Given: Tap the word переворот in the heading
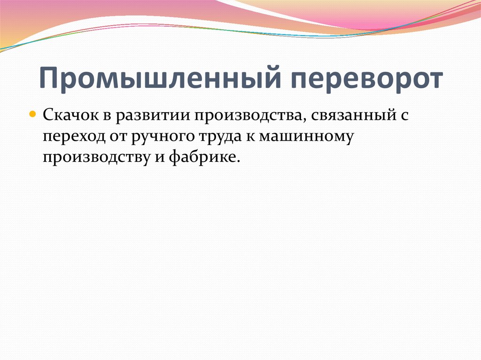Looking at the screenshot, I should [x=359, y=78].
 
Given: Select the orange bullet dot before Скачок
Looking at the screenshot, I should [x=32, y=114].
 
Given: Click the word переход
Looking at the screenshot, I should [x=69, y=137].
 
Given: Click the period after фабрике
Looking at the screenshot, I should [x=238, y=161].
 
